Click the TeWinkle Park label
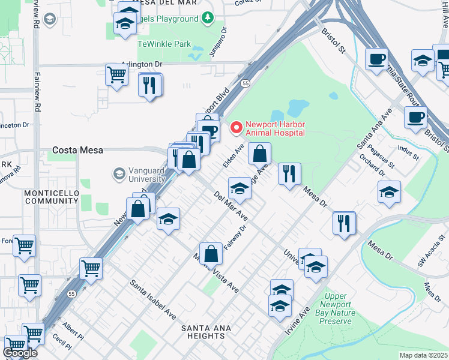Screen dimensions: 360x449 (164, 44)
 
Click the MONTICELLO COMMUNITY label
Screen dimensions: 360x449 (52, 196)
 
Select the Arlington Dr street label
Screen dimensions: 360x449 (142, 64)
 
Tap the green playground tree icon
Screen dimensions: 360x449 (207, 19)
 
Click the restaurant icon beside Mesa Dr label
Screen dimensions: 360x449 (289, 174)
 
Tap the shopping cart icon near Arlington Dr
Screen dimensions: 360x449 (116, 75)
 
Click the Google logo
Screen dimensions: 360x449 (20, 353)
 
